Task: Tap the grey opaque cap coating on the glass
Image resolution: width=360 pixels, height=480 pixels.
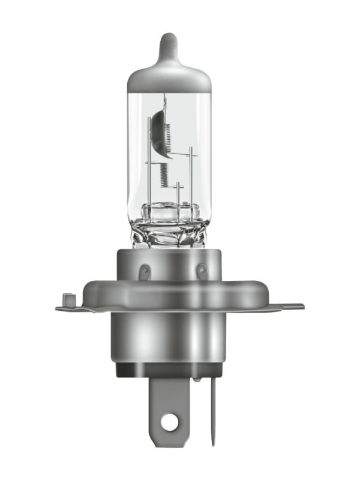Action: click(170, 75)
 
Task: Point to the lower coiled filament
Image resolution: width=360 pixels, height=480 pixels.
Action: click(163, 175)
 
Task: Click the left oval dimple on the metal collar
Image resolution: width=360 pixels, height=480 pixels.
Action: click(145, 273)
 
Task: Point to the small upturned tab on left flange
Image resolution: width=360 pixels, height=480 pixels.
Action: click(68, 298)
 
